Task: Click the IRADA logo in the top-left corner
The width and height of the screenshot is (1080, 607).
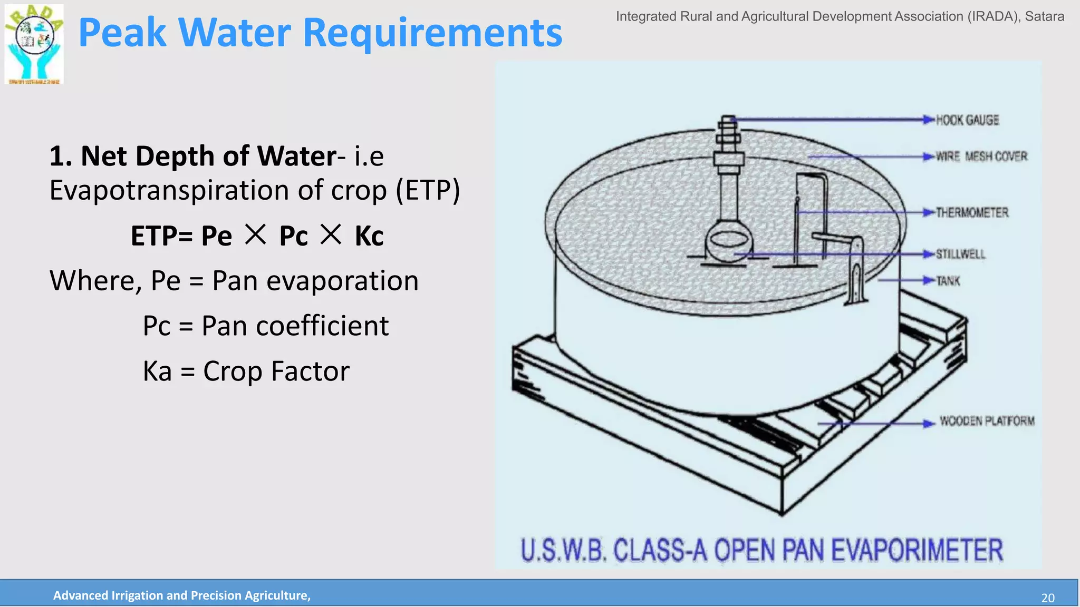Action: pyautogui.click(x=34, y=44)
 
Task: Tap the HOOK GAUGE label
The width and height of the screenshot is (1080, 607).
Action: pyautogui.click(x=967, y=120)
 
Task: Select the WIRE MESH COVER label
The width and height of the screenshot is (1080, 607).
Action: pyautogui.click(x=981, y=156)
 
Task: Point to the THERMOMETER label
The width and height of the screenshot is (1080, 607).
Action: pyautogui.click(x=972, y=212)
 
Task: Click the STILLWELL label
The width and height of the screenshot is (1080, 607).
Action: pyautogui.click(x=960, y=254)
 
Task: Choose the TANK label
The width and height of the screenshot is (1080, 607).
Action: pyautogui.click(x=948, y=281)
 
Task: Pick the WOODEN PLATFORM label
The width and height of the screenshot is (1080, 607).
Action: pyautogui.click(x=987, y=421)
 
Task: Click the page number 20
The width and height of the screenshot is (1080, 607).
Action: pyautogui.click(x=1047, y=598)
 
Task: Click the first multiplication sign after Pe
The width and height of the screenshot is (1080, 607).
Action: pyautogui.click(x=256, y=234)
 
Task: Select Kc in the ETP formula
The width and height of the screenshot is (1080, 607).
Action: pyautogui.click(x=369, y=236)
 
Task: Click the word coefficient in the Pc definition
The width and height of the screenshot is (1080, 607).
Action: pyautogui.click(x=322, y=326)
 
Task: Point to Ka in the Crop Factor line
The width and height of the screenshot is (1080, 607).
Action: pyautogui.click(x=157, y=371)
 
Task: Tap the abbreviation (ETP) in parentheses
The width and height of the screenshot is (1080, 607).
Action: pyautogui.click(x=428, y=190)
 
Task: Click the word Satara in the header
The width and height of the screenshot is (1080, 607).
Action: pyautogui.click(x=1044, y=16)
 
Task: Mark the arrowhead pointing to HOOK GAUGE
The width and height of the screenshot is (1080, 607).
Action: pyautogui.click(x=929, y=120)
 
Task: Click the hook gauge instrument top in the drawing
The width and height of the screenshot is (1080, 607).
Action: pyautogui.click(x=728, y=121)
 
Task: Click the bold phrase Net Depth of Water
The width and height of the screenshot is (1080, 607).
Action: pyautogui.click(x=208, y=156)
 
